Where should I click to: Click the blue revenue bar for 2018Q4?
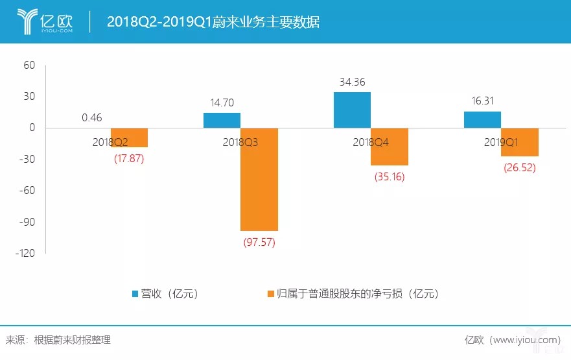352,110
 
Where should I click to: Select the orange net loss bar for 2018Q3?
259,179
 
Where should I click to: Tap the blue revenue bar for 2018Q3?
222,121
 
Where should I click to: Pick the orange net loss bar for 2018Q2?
129,138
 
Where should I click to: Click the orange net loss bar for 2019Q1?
519,142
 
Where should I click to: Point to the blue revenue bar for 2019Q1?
482,120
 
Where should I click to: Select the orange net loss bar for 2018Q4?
390,147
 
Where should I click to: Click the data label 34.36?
353,82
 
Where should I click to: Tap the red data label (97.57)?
259,242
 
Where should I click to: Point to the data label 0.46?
92,118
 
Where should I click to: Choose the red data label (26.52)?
520,168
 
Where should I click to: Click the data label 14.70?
222,102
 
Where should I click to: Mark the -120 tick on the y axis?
26,253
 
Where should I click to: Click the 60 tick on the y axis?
29,65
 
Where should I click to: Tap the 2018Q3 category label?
240,142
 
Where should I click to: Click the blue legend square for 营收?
136,293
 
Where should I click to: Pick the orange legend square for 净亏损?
270,293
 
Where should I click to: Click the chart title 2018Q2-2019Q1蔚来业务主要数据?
213,22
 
